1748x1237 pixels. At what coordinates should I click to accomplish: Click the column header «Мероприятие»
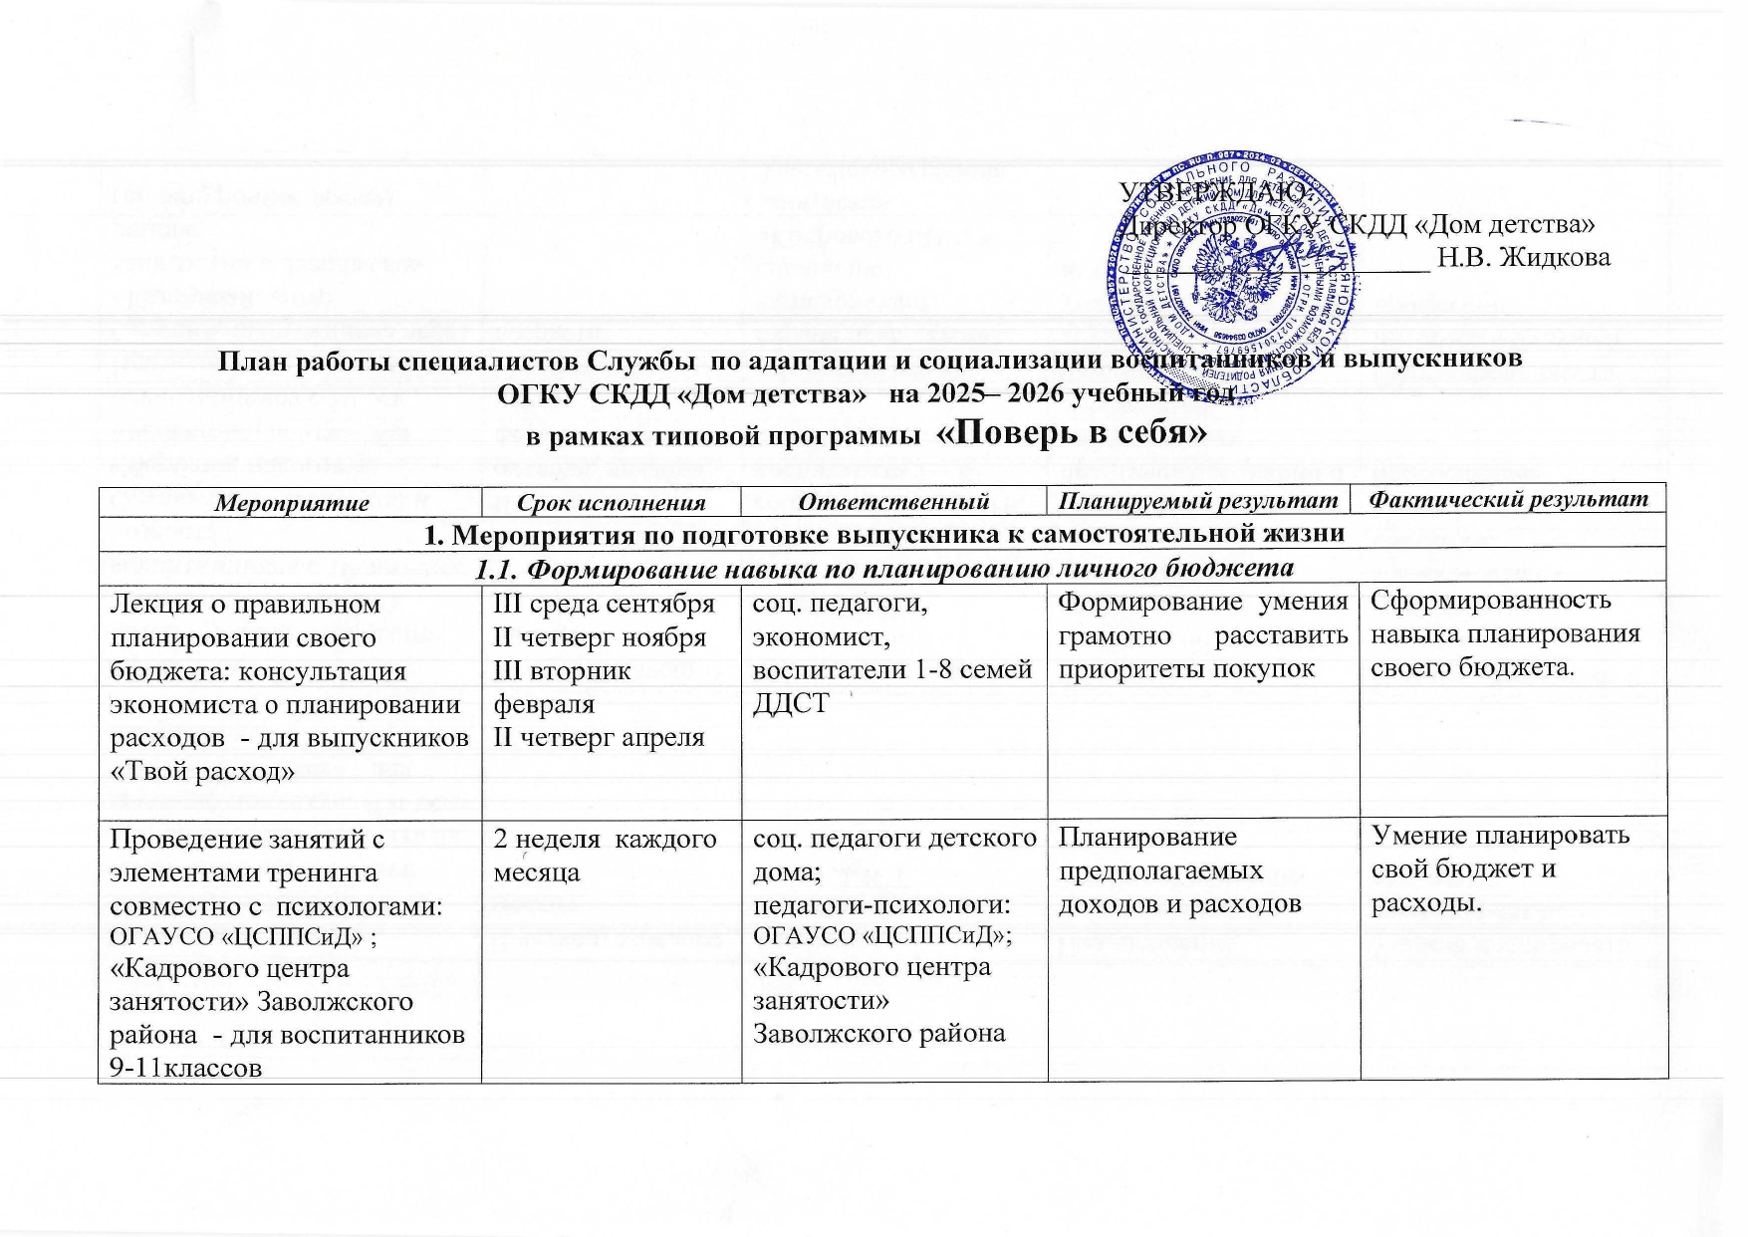(289, 502)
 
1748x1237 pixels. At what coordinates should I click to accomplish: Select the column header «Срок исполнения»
(611, 502)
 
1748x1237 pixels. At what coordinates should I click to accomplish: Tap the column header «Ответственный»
(893, 501)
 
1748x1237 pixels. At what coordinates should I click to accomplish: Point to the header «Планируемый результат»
(1203, 500)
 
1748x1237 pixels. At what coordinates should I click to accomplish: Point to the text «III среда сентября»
(599, 604)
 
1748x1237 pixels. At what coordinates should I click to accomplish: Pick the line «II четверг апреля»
(594, 737)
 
